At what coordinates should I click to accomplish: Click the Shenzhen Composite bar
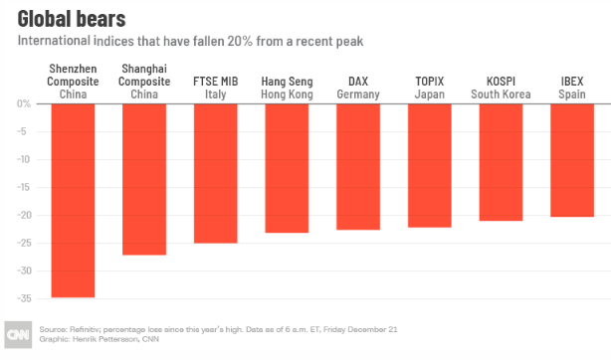click(x=73, y=201)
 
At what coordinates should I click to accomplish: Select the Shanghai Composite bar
click(x=144, y=180)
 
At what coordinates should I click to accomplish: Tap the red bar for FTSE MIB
click(x=216, y=174)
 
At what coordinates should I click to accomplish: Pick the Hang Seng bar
click(x=287, y=168)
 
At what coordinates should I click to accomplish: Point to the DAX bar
click(x=358, y=167)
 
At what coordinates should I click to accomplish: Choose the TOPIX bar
click(x=430, y=166)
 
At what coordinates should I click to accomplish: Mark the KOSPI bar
click(x=501, y=162)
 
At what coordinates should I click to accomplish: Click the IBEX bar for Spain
click(x=572, y=160)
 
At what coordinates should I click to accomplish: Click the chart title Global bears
click(x=72, y=19)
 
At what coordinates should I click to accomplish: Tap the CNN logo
click(x=18, y=335)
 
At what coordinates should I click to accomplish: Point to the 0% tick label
click(x=23, y=103)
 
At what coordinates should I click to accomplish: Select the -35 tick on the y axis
click(x=24, y=298)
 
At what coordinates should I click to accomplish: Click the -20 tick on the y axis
click(x=24, y=215)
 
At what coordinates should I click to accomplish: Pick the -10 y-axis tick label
click(x=23, y=159)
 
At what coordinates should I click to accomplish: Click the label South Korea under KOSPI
click(x=501, y=94)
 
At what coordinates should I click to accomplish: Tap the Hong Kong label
click(x=287, y=94)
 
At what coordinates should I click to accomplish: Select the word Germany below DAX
click(x=358, y=94)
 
